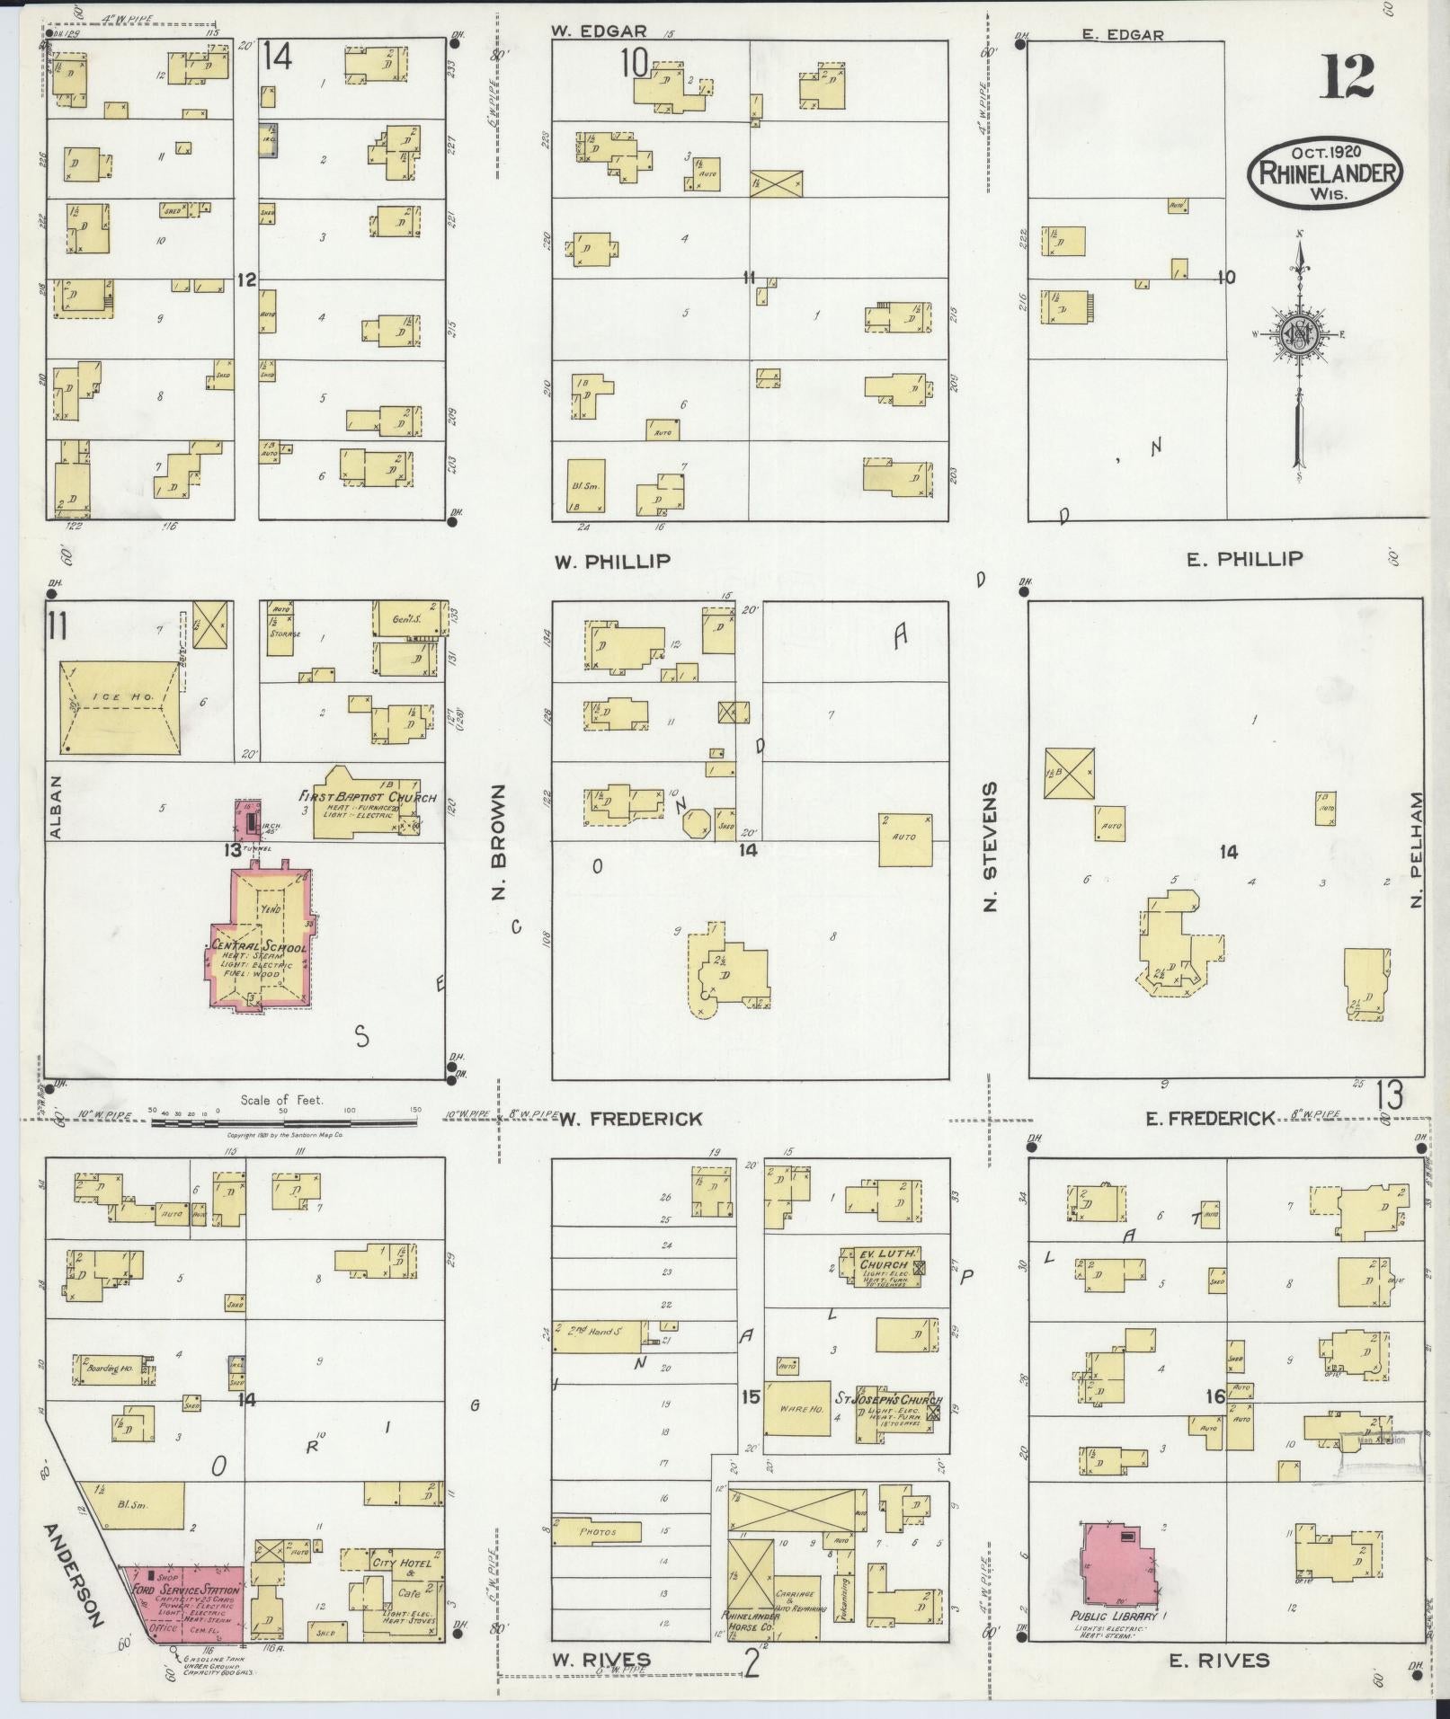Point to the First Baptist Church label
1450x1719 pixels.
pos(369,797)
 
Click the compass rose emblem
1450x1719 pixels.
pos(1299,333)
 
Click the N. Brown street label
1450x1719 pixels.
pos(500,841)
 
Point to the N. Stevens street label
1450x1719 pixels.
pos(991,845)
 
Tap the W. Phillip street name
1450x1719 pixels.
pos(612,562)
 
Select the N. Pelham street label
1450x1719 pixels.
pos(1417,848)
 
